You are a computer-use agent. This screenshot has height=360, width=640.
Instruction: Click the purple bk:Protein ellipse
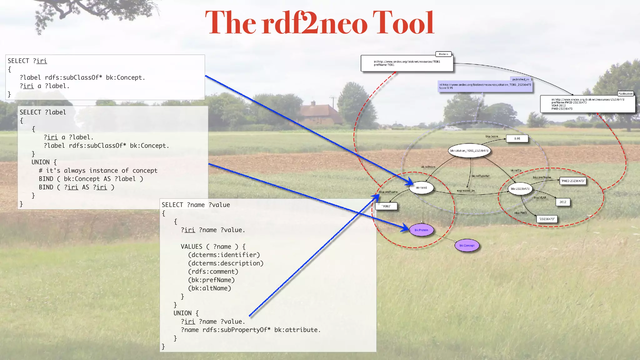click(x=421, y=230)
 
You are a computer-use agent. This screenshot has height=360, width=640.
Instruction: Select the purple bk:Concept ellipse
click(x=467, y=246)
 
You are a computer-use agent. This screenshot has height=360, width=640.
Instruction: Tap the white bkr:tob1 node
click(x=421, y=188)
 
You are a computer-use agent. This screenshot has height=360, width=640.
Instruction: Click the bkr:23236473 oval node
click(x=520, y=189)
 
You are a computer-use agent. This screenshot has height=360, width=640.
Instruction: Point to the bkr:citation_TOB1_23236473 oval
click(x=469, y=151)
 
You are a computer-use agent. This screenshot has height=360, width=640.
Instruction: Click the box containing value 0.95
click(x=517, y=138)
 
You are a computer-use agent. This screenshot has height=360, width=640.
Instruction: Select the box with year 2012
click(x=563, y=202)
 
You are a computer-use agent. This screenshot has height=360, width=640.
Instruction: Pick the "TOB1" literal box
click(x=386, y=206)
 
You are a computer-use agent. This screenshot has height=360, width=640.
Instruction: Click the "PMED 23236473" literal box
click(x=573, y=181)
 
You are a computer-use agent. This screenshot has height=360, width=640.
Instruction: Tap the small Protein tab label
click(x=443, y=54)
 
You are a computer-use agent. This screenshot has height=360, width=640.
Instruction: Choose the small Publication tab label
click(x=625, y=93)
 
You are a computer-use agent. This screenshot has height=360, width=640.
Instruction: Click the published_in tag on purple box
click(x=520, y=79)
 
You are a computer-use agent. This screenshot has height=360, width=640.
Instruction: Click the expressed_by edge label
click(x=466, y=191)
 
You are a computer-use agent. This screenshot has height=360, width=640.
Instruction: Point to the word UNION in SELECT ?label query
click(x=40, y=162)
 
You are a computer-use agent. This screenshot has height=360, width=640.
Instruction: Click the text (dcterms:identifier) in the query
click(x=224, y=255)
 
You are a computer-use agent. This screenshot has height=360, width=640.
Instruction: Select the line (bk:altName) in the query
click(x=209, y=288)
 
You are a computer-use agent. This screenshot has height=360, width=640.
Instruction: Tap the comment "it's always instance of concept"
click(x=102, y=171)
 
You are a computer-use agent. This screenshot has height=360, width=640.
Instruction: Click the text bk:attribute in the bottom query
click(x=297, y=330)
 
